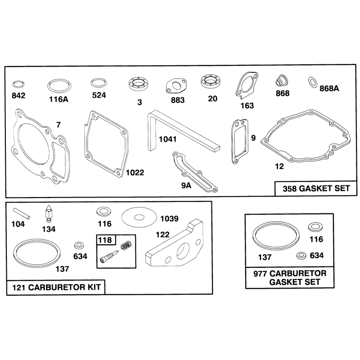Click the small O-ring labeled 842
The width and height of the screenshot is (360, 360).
point(18,81)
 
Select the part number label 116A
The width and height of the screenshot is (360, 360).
point(58,99)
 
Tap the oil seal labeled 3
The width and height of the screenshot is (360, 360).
point(138,84)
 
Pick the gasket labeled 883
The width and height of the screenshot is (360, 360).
point(176,86)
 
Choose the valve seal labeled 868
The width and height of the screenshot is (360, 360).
point(282,81)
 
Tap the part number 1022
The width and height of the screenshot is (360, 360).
point(135,172)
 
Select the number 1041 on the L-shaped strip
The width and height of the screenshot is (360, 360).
point(167,139)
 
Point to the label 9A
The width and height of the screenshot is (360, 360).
point(186,185)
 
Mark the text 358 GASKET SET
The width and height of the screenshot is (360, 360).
point(316,189)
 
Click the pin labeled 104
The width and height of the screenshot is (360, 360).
point(22,213)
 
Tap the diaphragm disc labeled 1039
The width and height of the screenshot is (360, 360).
point(139,217)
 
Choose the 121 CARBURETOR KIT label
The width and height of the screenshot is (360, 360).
point(56,287)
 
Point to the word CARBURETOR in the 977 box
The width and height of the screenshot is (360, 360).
point(298,274)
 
